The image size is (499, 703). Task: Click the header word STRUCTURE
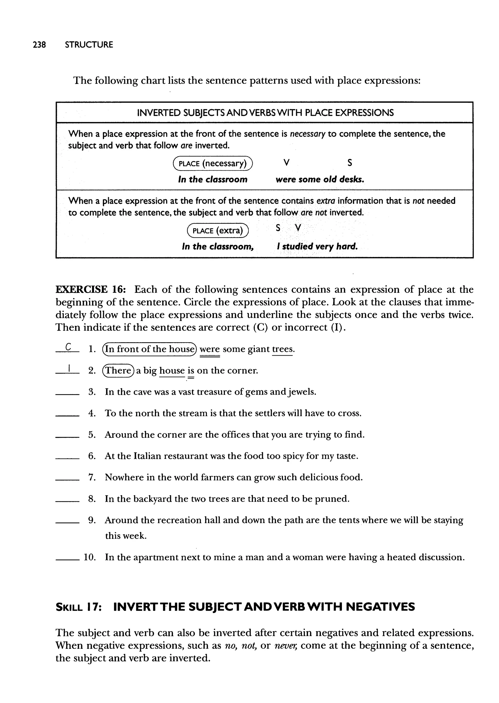pos(89,45)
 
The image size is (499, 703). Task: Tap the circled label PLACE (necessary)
pos(213,163)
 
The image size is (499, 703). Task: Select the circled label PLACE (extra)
pos(218,230)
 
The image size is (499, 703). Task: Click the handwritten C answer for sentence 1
pos(68,347)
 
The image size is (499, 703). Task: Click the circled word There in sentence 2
pos(118,371)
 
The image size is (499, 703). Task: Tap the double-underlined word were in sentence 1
pos(210,349)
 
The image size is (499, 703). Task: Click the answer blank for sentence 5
pos(67,437)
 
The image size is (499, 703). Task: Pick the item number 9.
pos(92,520)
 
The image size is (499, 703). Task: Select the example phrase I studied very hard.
pos(317,246)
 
